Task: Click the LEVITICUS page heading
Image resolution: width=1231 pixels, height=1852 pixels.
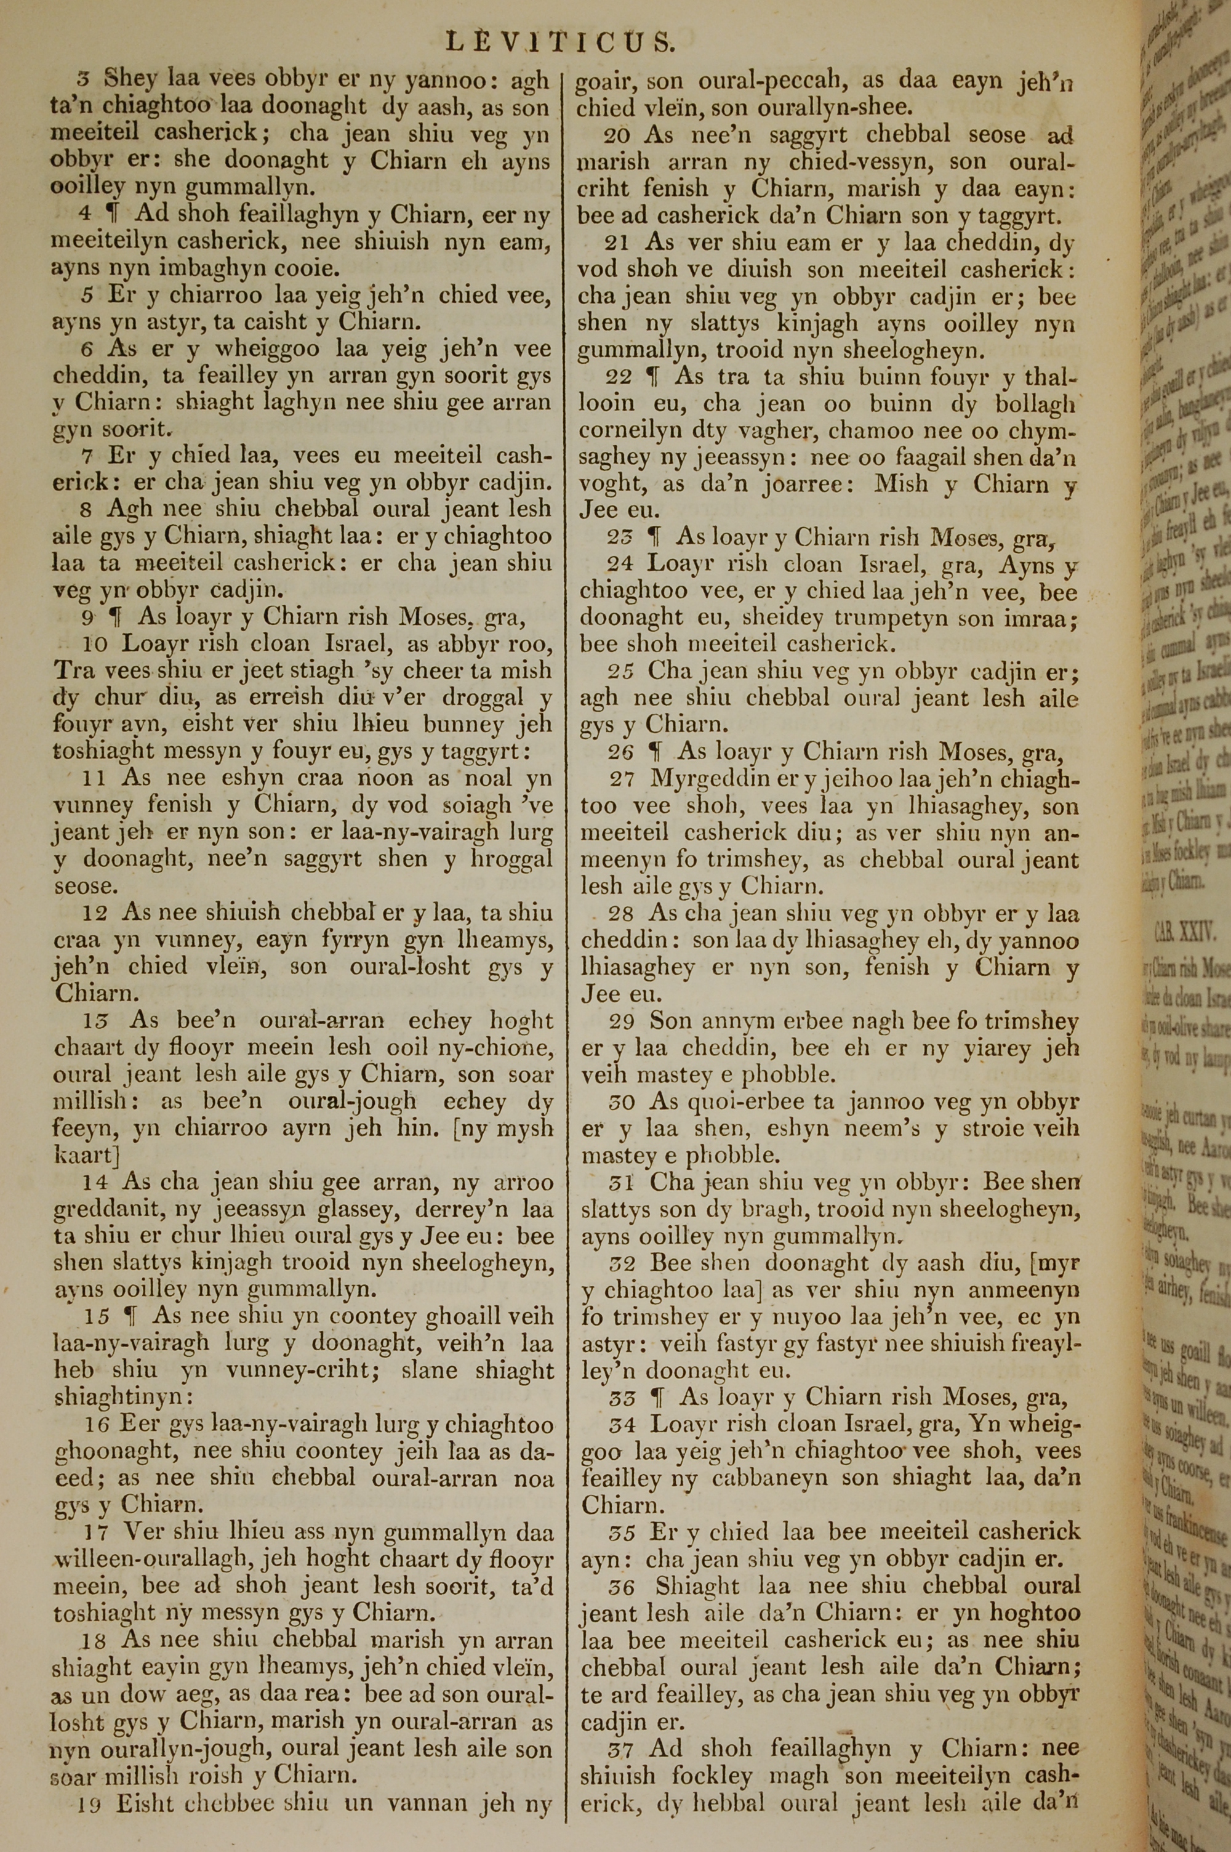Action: pyautogui.click(x=559, y=41)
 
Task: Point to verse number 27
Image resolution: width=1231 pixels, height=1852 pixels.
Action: pyautogui.click(x=622, y=779)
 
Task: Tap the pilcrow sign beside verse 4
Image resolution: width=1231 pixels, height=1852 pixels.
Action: pyautogui.click(x=112, y=214)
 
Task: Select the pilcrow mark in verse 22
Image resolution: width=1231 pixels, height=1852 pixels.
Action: pyautogui.click(x=651, y=377)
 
